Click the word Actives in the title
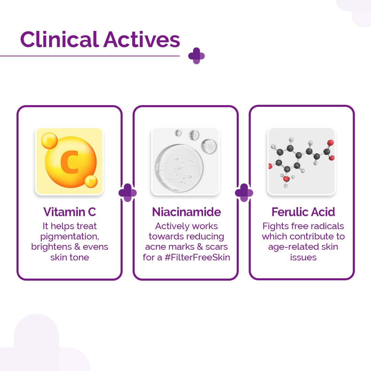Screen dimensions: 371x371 (x=142, y=40)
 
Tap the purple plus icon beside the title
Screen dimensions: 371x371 (x=196, y=56)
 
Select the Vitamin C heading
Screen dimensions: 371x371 (x=69, y=212)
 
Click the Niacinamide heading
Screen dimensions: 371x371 (x=186, y=212)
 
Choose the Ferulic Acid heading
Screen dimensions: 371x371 (x=303, y=212)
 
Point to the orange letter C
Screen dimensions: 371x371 (x=69, y=162)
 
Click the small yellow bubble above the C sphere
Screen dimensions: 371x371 (x=49, y=140)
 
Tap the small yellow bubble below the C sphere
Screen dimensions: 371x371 (x=91, y=181)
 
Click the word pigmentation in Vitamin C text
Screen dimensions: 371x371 (x=69, y=236)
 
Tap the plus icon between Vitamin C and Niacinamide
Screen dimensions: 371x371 (x=127, y=193)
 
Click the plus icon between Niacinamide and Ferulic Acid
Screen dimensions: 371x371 (x=244, y=193)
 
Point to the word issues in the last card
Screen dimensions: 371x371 (x=303, y=257)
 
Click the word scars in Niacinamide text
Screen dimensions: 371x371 (x=217, y=247)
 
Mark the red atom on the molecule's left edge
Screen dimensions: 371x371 (x=270, y=167)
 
